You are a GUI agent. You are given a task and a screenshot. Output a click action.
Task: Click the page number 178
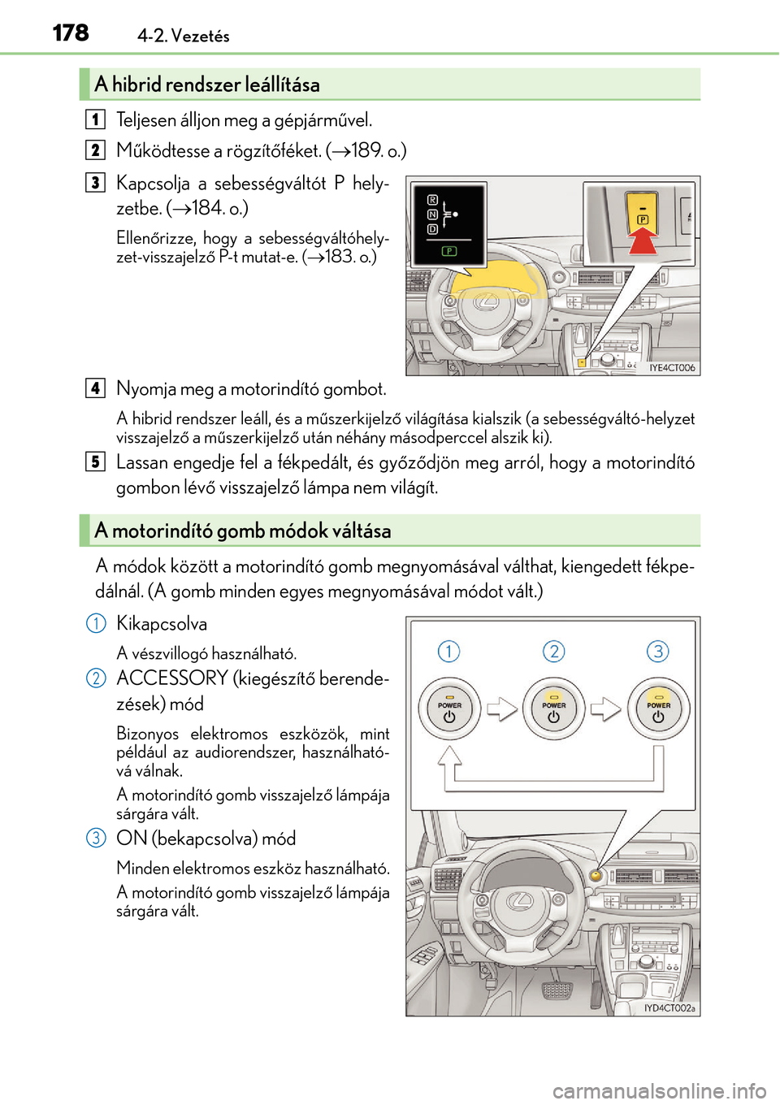(71, 32)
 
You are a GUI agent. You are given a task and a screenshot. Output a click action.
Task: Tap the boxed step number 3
(95, 183)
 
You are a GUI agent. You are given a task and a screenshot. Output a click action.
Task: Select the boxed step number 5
(95, 462)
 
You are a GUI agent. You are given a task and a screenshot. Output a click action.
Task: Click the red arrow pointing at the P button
(643, 240)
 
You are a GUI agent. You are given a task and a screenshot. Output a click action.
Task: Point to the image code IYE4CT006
(672, 368)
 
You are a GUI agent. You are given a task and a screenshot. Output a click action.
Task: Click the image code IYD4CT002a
(669, 1008)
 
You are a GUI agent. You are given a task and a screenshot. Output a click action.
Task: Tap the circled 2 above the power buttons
(553, 652)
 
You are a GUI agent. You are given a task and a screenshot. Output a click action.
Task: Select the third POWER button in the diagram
(658, 708)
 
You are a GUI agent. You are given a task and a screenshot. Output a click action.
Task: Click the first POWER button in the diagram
(449, 708)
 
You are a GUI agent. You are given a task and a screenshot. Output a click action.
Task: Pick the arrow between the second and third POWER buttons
(605, 708)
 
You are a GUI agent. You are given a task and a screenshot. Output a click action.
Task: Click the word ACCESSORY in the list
(172, 678)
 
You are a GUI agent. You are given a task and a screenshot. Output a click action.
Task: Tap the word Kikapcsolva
(162, 624)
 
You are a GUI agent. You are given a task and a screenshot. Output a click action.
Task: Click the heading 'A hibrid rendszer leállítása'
(207, 84)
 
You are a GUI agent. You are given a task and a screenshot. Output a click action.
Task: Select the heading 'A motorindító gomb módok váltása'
(243, 531)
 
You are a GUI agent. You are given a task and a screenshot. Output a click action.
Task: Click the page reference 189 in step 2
(366, 151)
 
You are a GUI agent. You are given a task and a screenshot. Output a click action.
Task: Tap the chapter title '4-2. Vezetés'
(184, 36)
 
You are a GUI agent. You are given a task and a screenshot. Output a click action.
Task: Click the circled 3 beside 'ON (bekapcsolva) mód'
(96, 838)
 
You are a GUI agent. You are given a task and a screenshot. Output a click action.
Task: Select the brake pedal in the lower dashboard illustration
(557, 990)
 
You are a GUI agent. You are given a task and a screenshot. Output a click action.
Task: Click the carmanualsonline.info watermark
(659, 1090)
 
